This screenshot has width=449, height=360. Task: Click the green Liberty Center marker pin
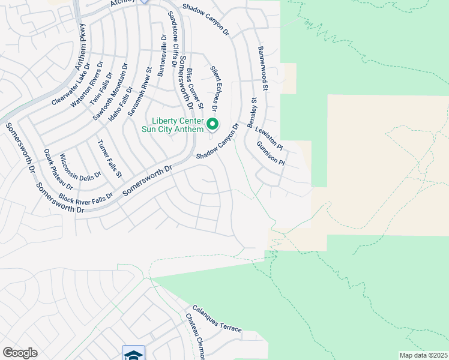point(212,125)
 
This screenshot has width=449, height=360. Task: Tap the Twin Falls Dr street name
point(101,89)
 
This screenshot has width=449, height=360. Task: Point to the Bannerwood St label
point(263,69)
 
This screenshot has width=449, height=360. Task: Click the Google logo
point(20,353)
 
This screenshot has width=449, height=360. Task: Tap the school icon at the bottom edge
point(133,353)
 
